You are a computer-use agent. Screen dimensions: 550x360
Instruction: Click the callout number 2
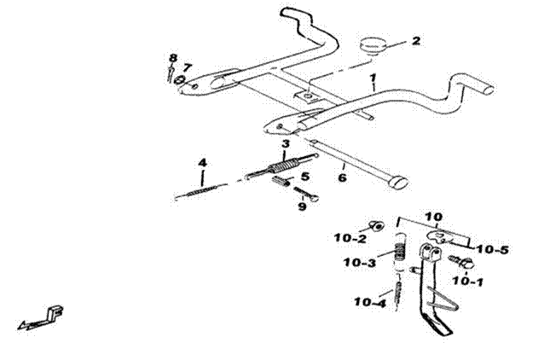click(x=415, y=40)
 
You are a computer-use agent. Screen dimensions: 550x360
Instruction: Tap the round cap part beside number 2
click(x=373, y=46)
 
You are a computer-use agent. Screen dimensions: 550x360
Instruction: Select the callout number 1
click(x=373, y=77)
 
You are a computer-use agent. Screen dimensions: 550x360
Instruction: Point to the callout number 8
click(x=173, y=58)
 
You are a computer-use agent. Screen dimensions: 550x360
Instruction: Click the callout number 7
click(x=187, y=67)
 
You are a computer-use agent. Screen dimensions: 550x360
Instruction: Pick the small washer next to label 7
click(x=180, y=81)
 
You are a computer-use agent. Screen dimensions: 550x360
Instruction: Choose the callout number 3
click(x=286, y=144)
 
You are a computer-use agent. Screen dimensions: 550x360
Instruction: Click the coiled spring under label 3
click(x=283, y=164)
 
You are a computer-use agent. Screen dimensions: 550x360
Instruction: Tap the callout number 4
click(x=202, y=163)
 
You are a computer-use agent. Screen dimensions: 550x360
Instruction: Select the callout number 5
click(x=305, y=176)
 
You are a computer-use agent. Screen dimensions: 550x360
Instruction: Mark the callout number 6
click(x=342, y=177)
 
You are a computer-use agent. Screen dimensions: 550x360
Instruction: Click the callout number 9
click(x=302, y=206)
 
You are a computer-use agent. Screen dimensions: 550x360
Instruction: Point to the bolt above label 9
click(x=306, y=194)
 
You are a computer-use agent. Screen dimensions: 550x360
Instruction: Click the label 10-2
click(x=350, y=239)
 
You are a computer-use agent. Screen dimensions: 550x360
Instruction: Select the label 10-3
click(x=360, y=262)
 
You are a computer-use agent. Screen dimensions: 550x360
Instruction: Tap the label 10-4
click(x=370, y=302)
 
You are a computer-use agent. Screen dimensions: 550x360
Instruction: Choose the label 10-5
click(x=493, y=249)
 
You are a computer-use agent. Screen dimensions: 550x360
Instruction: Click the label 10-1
click(x=468, y=281)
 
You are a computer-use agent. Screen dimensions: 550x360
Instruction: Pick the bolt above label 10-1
click(x=461, y=262)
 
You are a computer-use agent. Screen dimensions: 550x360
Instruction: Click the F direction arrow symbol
click(x=42, y=318)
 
